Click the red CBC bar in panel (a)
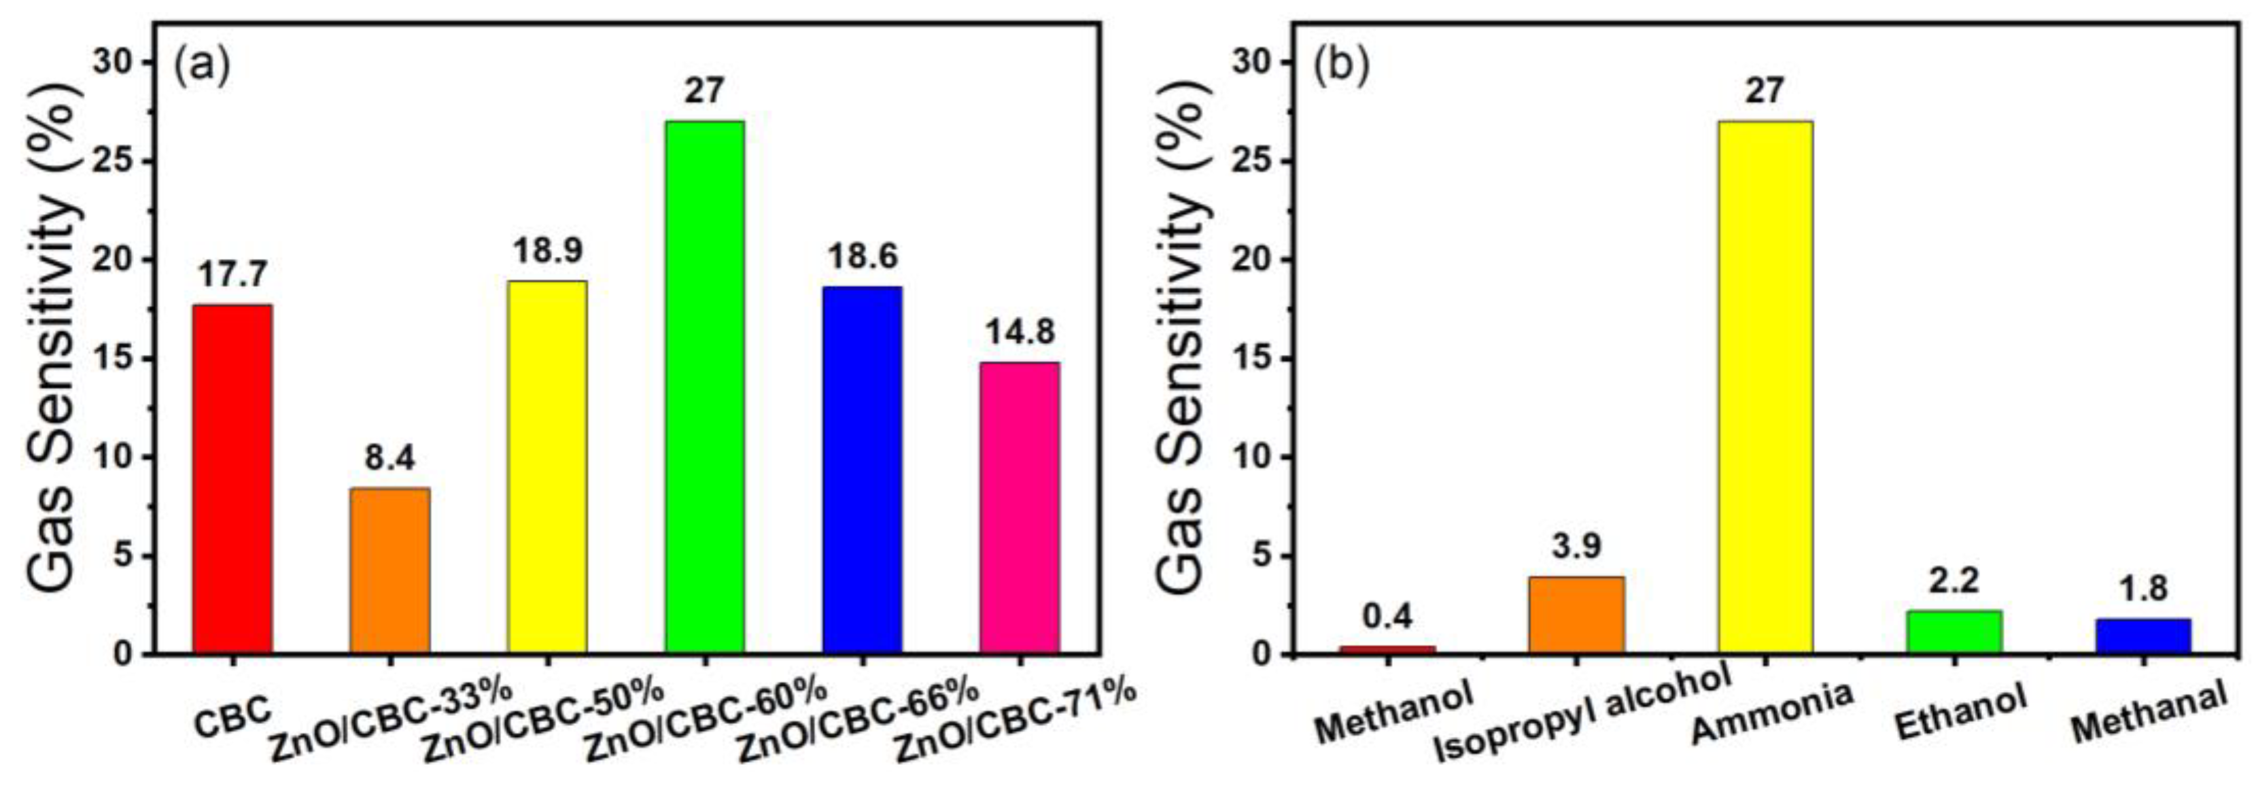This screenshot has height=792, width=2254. [232, 479]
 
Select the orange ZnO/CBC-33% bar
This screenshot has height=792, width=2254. [389, 570]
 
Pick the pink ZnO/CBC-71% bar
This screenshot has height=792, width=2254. [1020, 508]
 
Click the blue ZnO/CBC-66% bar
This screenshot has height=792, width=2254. [862, 470]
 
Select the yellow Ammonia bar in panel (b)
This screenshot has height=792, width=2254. [1765, 387]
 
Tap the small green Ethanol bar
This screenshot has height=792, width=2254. [1954, 632]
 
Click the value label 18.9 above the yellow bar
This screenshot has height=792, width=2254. [549, 250]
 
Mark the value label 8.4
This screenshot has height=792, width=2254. [390, 458]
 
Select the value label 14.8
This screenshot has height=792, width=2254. [1020, 332]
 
